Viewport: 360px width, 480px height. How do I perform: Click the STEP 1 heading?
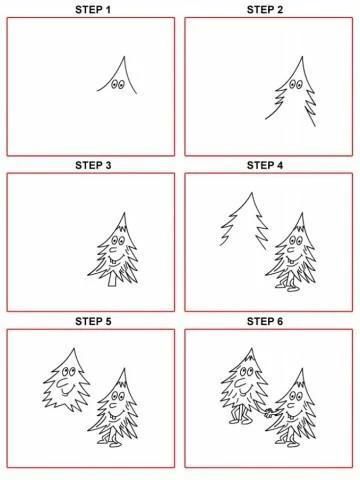93,10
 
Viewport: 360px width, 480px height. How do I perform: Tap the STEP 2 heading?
265,10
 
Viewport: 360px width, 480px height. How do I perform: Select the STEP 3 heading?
93,165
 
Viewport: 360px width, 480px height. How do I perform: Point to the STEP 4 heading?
265,165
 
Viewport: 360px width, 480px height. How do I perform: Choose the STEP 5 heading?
93,321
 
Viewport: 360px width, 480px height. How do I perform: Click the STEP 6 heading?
265,321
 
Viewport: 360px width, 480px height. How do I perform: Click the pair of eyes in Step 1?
117,84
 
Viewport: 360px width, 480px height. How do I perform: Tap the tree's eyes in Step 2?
295,84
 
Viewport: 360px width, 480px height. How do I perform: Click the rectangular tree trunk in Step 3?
112,280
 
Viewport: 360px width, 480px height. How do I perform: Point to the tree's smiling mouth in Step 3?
114,259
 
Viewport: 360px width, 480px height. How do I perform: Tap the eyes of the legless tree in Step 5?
69,371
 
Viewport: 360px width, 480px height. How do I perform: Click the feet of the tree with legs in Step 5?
109,443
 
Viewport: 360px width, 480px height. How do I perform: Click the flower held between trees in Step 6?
268,414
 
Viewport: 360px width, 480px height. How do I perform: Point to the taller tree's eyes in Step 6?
246,371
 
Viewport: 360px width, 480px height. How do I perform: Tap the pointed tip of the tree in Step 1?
124,57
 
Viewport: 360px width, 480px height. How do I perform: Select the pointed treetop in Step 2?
302,57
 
